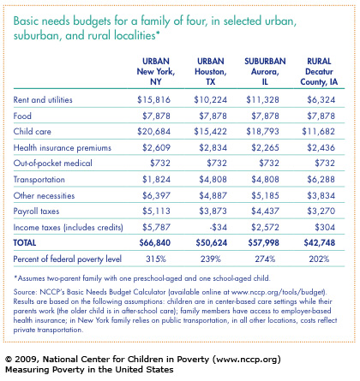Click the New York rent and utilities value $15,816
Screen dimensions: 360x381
[153, 99]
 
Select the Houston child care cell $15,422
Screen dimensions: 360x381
[210, 131]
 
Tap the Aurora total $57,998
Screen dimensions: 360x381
[263, 242]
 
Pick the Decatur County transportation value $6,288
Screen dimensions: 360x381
[321, 179]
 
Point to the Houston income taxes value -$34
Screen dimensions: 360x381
[218, 227]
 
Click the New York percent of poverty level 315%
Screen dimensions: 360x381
[156, 259]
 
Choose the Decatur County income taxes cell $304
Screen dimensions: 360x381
[325, 227]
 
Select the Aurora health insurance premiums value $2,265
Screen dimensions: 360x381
[265, 147]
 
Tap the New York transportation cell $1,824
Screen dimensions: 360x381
[156, 179]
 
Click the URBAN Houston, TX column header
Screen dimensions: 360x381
[211, 71]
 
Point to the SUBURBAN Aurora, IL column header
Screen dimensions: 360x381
[265, 71]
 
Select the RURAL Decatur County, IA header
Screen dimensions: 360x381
[319, 71]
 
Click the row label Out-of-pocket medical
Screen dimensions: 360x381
[53, 163]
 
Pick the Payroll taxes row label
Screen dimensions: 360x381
[36, 211]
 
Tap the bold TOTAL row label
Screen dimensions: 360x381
[25, 242]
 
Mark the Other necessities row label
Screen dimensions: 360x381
[44, 195]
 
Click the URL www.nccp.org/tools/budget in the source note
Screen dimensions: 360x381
[278, 292]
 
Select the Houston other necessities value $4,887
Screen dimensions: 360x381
[213, 195]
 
